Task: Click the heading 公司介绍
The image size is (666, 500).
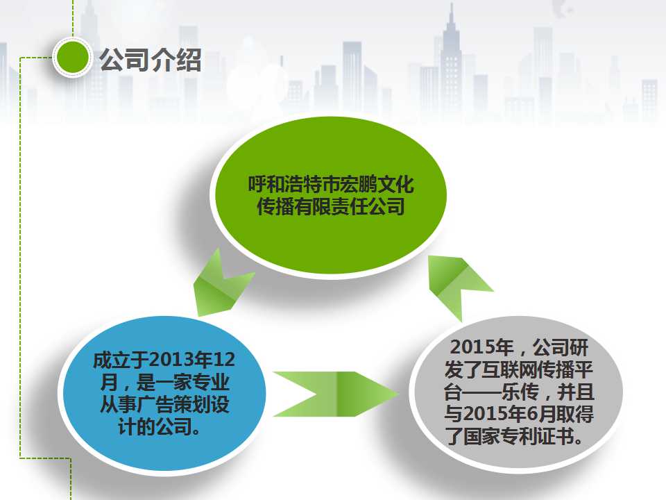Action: (151, 60)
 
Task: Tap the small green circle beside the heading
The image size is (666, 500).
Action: (73, 58)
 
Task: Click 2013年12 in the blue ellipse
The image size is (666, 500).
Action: (192, 360)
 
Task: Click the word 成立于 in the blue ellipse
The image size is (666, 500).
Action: (121, 360)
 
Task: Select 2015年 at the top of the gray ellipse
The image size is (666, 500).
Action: (481, 347)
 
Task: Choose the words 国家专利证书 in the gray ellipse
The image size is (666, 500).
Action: (518, 436)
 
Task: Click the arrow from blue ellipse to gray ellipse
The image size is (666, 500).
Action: (336, 394)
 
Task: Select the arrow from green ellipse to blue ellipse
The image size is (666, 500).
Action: (223, 284)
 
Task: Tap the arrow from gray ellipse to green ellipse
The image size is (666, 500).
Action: (459, 285)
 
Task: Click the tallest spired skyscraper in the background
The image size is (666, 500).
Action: (451, 64)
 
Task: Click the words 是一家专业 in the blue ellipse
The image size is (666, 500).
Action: (182, 382)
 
